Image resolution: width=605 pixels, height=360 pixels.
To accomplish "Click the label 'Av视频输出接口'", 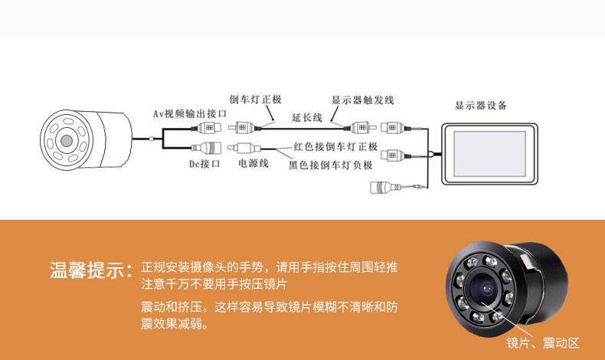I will [x=187, y=113].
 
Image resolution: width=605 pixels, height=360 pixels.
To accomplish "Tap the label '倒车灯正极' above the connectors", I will [x=255, y=100].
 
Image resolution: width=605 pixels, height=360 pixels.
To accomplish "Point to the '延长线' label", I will [x=307, y=117].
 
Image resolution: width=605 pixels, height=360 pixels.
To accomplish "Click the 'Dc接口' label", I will [x=204, y=163].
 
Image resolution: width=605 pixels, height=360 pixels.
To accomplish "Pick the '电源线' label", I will [x=253, y=163].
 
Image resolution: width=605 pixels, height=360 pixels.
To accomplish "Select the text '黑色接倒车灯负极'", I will [x=330, y=164].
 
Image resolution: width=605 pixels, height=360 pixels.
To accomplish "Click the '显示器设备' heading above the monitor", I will [x=480, y=106].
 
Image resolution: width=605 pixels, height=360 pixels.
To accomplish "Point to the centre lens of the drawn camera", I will [x=67, y=140].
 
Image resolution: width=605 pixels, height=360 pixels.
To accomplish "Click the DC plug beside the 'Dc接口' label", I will [x=207, y=147].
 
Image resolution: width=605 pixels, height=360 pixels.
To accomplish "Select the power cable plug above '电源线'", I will [x=245, y=147].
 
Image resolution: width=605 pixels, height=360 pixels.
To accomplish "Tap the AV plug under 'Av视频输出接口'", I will [x=208, y=128].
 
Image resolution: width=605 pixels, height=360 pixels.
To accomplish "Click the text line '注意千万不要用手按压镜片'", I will [x=214, y=284].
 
